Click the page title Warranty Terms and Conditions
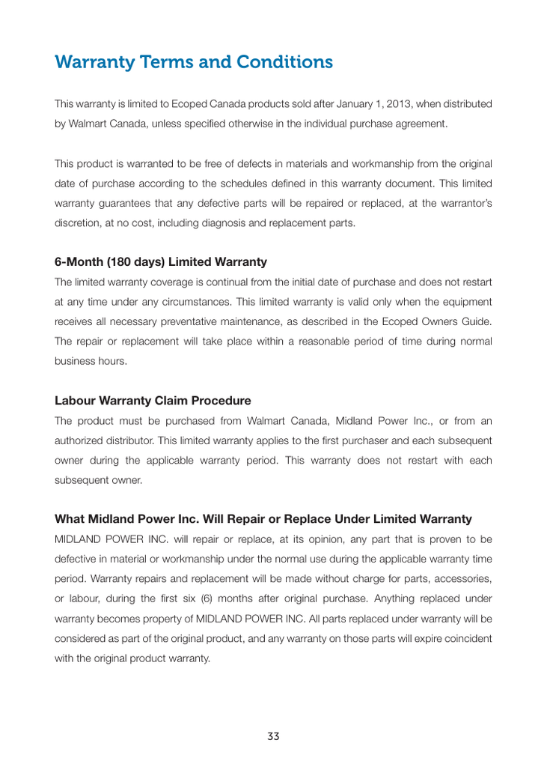(x=194, y=62)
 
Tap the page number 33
(x=273, y=736)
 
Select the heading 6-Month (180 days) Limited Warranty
(x=161, y=262)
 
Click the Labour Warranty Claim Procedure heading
(x=153, y=401)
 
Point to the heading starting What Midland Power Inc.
(x=263, y=519)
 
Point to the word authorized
(x=81, y=440)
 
